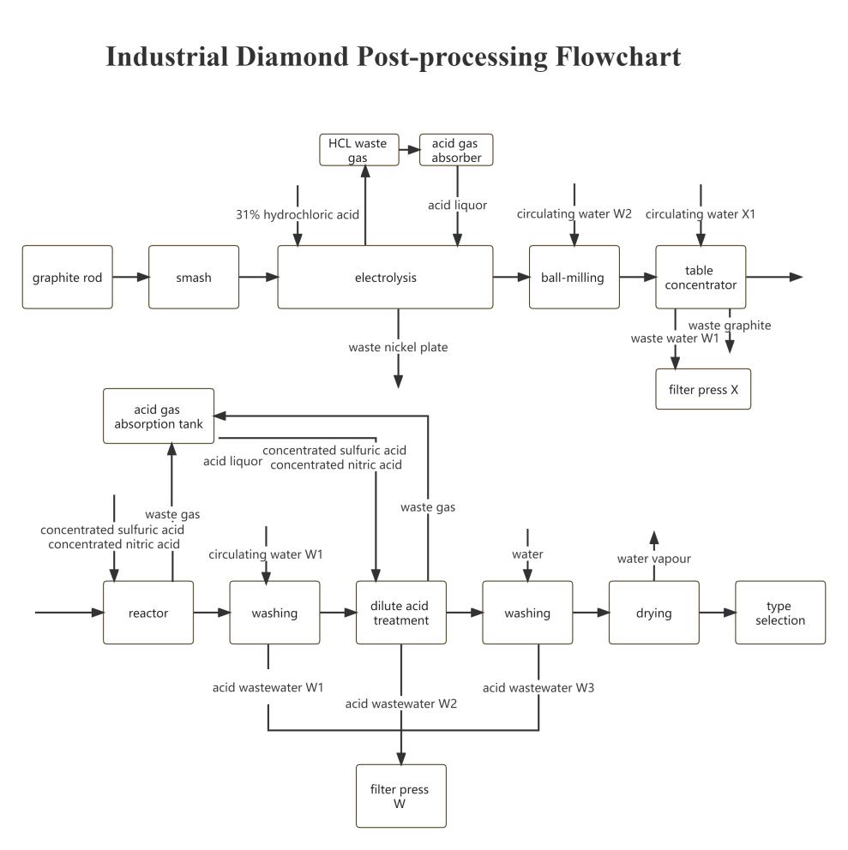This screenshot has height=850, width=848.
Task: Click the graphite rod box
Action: (67, 277)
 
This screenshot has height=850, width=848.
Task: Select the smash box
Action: (193, 277)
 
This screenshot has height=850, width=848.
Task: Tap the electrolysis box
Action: (385, 277)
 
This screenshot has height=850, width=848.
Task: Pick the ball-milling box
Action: (574, 277)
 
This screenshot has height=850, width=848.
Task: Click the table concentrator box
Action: (701, 277)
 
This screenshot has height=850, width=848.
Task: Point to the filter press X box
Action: (702, 389)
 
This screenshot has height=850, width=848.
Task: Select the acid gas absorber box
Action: (456, 149)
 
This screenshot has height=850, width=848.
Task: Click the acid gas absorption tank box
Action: (159, 416)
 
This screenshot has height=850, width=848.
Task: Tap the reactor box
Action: (147, 613)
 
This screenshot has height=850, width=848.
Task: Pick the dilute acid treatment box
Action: (400, 613)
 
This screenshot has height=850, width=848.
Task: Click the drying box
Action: (653, 613)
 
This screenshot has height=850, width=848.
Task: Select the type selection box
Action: (779, 613)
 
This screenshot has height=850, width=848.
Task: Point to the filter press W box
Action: (400, 796)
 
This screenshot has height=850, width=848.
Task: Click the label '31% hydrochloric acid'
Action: (298, 214)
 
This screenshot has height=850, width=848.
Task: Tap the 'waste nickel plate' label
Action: (398, 348)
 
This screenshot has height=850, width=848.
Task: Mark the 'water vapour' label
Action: (653, 559)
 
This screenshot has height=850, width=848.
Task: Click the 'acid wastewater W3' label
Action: (538, 687)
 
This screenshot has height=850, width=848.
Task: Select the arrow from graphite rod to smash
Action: (130, 277)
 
